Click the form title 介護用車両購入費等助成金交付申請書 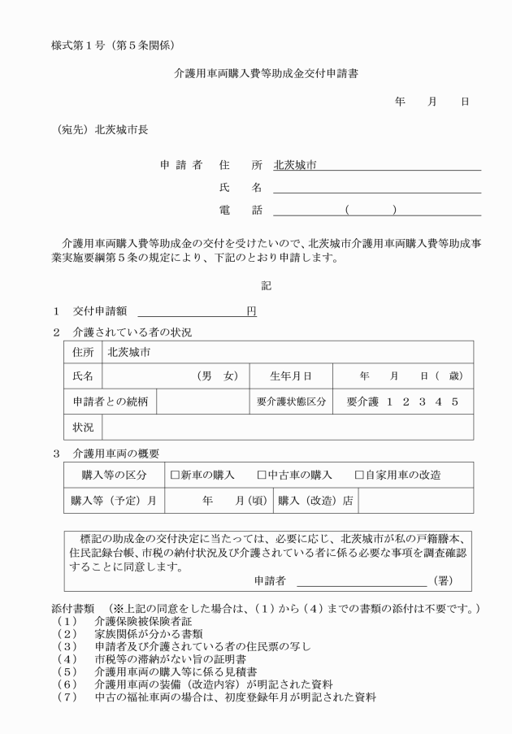[255, 72]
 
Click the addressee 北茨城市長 [121, 128]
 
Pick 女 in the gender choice [231, 376]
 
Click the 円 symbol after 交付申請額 [251, 311]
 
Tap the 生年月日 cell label [291, 376]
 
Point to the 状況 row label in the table [83, 427]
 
